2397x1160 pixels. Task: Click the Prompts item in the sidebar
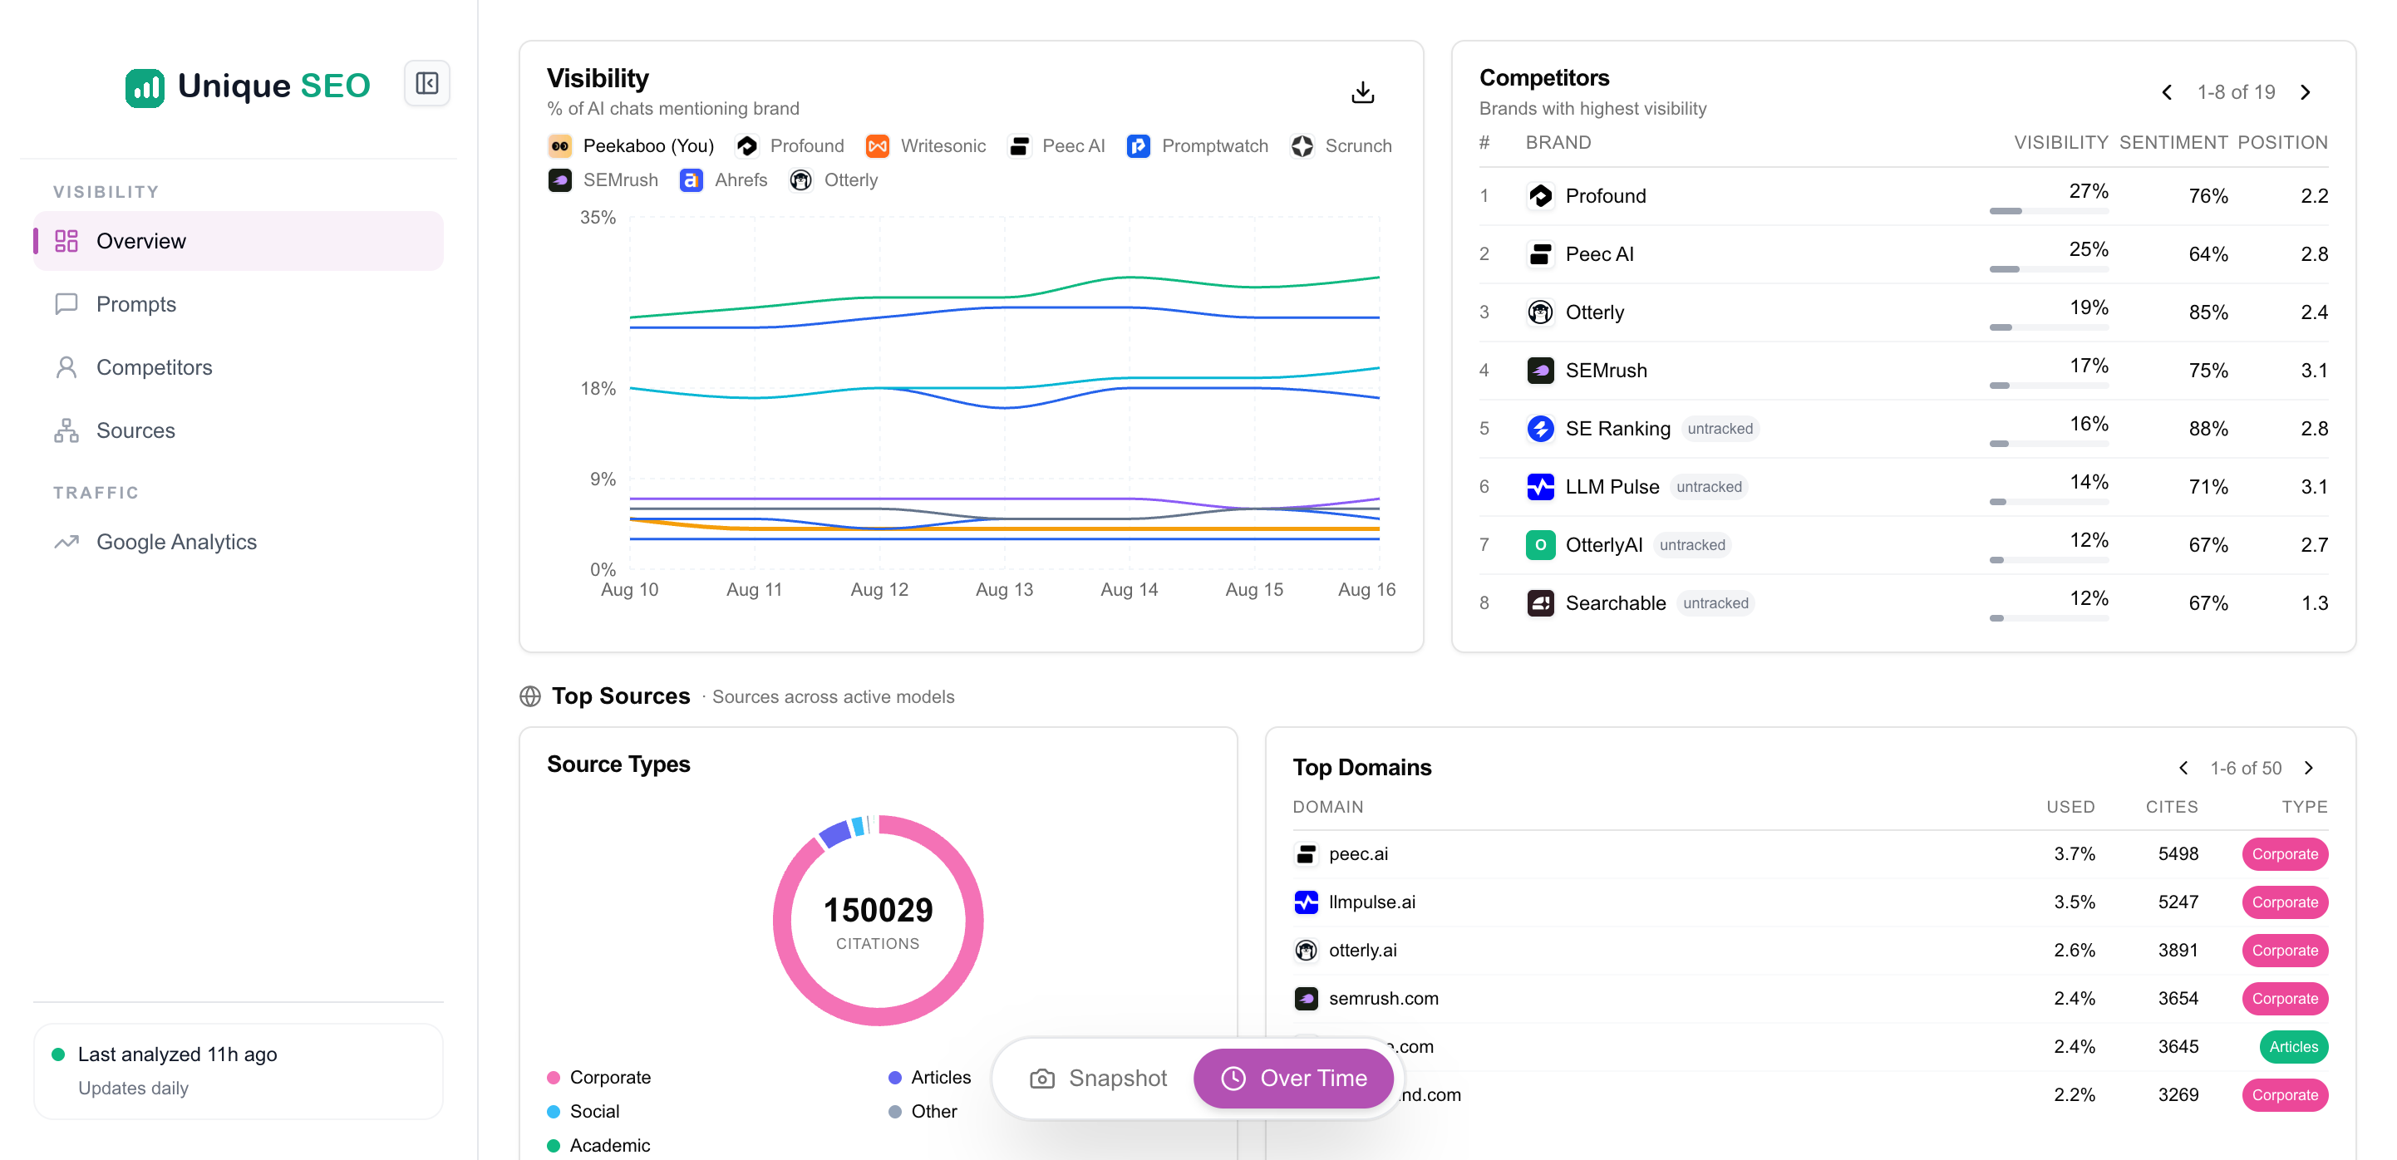[135, 304]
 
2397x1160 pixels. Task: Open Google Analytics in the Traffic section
[176, 542]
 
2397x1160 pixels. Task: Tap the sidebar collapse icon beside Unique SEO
[427, 84]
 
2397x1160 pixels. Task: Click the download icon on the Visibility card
[1362, 92]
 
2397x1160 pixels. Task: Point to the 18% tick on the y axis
[598, 389]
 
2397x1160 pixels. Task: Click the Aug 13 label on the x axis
[1004, 590]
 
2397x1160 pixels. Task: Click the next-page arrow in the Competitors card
[2306, 92]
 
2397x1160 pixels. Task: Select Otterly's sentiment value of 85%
[2208, 312]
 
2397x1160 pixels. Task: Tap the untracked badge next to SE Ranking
[1720, 429]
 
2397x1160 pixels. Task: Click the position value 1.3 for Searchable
[2314, 602]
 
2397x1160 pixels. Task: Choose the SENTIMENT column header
[2173, 142]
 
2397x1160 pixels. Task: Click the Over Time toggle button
[1293, 1078]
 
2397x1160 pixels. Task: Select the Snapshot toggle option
[1098, 1078]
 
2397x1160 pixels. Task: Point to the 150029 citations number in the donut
[878, 910]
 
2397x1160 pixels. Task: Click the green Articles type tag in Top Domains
[2293, 1046]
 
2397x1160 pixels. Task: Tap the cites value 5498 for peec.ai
[2178, 854]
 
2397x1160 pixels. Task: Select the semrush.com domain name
[1383, 998]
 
